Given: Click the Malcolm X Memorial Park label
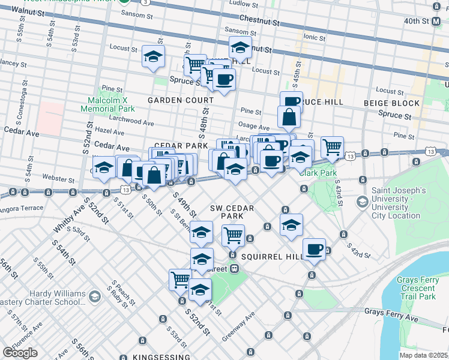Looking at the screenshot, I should [x=111, y=104].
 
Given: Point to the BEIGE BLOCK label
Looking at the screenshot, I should [x=392, y=103].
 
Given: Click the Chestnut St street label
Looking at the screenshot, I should [x=259, y=20].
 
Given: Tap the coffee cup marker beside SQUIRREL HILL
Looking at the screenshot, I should [x=314, y=248].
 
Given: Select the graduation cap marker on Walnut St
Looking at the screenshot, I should [x=240, y=47].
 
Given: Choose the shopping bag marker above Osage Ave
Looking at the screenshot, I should [x=289, y=116].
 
